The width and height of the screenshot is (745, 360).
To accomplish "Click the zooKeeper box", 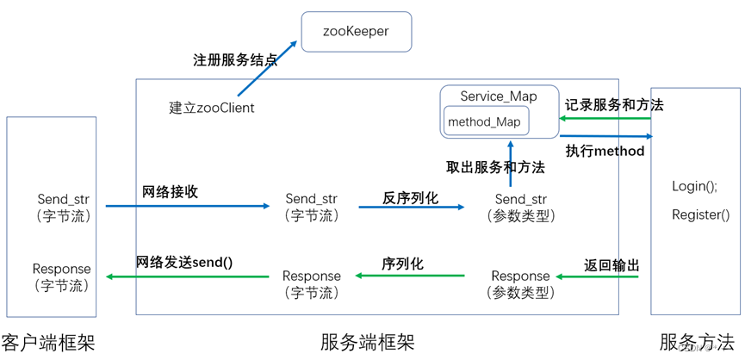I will (356, 31).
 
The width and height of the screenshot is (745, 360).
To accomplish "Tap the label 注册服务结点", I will (235, 61).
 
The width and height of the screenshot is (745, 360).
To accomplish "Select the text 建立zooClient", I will (212, 108).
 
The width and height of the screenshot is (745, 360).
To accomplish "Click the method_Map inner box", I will (484, 121).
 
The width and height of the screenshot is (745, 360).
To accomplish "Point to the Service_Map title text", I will (498, 96).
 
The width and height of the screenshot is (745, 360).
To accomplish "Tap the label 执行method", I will (605, 151).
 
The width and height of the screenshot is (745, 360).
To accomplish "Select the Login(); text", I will (694, 186).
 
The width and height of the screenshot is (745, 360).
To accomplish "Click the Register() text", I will (700, 215).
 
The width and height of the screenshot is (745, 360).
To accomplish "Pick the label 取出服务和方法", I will (495, 167).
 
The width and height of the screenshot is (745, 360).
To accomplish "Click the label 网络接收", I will (171, 192).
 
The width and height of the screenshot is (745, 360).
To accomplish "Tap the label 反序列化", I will (410, 197).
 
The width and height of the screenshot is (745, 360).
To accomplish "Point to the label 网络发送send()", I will (184, 262).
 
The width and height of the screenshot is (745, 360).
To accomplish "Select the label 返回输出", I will (612, 266).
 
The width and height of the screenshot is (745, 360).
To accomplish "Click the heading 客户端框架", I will (47, 342).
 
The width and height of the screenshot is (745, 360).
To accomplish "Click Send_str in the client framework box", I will (64, 200).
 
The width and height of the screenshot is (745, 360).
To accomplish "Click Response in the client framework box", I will (61, 269).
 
